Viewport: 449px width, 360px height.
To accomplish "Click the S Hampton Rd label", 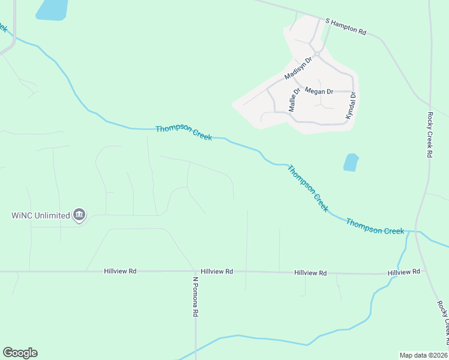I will coord(346,26).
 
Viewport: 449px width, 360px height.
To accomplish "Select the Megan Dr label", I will coord(319,91).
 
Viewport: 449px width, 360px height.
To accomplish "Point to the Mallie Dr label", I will coord(294,100).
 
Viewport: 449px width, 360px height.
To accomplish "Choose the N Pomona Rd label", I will coord(195,296).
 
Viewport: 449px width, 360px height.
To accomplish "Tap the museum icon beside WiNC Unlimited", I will coord(79,215).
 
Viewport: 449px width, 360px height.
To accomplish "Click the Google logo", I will coord(20,353).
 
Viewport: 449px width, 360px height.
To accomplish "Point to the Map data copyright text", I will coord(424,355).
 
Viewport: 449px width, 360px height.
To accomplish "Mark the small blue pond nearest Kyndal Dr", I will coord(351,162).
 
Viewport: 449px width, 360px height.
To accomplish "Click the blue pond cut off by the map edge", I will coord(52,9).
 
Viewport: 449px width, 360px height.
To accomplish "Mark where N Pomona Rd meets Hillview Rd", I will coord(194,271).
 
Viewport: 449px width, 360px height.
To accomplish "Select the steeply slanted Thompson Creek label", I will coord(308,188).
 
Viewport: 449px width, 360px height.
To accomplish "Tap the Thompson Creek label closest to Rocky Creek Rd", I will coord(375,227).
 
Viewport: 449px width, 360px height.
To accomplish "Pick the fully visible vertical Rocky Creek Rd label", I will coord(430,135).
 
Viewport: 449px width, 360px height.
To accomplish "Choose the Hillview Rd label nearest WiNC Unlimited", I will coord(120,271).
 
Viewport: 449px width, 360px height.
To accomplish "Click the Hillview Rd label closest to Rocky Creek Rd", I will coord(403,272).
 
